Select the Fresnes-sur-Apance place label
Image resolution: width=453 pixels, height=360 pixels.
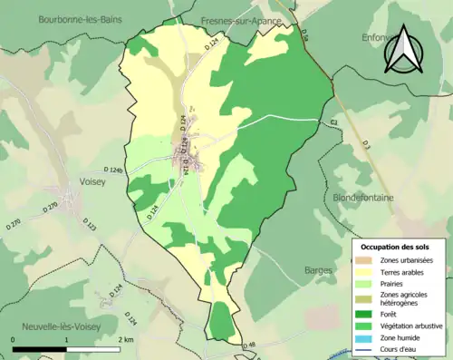[230, 18]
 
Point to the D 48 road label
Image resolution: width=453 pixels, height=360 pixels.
[250, 344]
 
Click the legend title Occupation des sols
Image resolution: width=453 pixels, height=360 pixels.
[395, 247]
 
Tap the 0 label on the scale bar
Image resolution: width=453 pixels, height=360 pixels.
[13, 338]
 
